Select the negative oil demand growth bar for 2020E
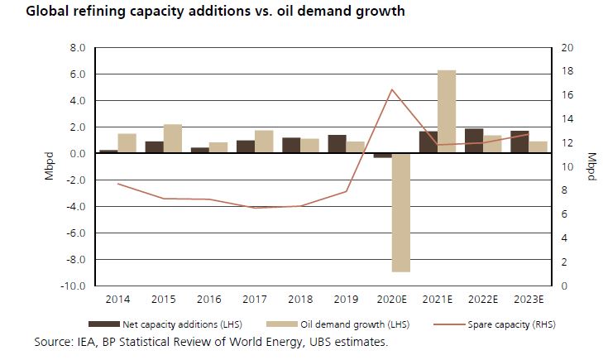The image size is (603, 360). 401,213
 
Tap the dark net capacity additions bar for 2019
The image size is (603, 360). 337,144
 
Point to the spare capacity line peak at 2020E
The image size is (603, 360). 392,89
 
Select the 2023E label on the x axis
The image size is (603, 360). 529,298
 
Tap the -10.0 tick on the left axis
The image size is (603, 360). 75,286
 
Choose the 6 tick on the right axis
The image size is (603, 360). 563,214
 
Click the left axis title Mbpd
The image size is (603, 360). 49,166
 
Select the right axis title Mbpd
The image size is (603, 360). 591,166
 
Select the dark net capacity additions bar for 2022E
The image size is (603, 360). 474,142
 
